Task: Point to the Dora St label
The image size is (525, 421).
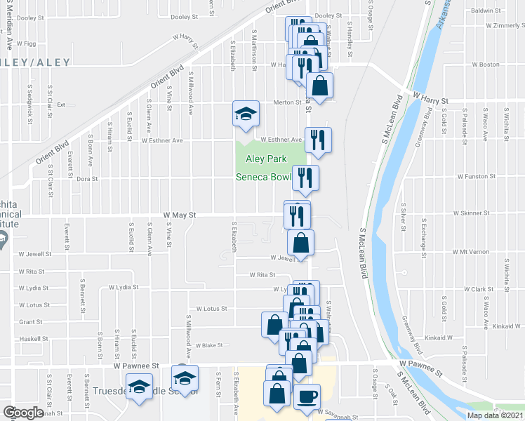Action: tap(86, 179)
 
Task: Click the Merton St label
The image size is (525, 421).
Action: tap(287, 102)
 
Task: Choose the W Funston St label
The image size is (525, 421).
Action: tap(479, 177)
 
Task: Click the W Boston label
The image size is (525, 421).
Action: tap(485, 65)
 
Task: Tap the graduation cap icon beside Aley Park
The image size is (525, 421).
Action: tap(246, 114)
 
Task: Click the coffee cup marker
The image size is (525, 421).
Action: tap(306, 396)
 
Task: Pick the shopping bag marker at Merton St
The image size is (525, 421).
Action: tap(319, 86)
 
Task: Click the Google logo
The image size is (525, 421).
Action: tap(23, 413)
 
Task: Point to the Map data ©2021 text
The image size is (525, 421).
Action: tap(495, 415)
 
